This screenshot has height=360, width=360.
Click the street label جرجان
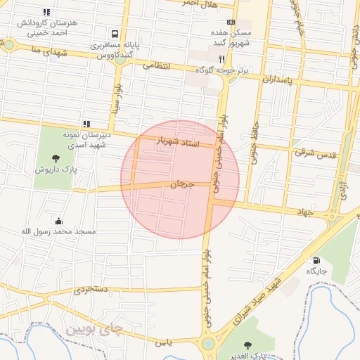(x=181, y=184)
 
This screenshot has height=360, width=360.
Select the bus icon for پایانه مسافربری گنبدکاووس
(x=114, y=34)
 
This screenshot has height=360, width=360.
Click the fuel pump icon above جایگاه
(x=315, y=259)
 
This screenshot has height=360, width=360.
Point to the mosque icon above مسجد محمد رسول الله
(x=58, y=221)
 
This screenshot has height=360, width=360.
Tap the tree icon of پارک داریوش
(x=56, y=159)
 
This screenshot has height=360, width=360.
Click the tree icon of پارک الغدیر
(x=247, y=345)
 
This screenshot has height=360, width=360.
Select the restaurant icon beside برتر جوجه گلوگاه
(x=221, y=59)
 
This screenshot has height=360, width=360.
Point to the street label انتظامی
(x=157, y=65)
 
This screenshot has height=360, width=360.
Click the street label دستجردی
(x=91, y=288)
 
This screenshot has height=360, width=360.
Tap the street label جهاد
(x=303, y=211)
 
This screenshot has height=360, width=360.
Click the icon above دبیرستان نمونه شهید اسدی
(x=86, y=124)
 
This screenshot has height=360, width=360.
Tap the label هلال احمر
(x=201, y=4)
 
